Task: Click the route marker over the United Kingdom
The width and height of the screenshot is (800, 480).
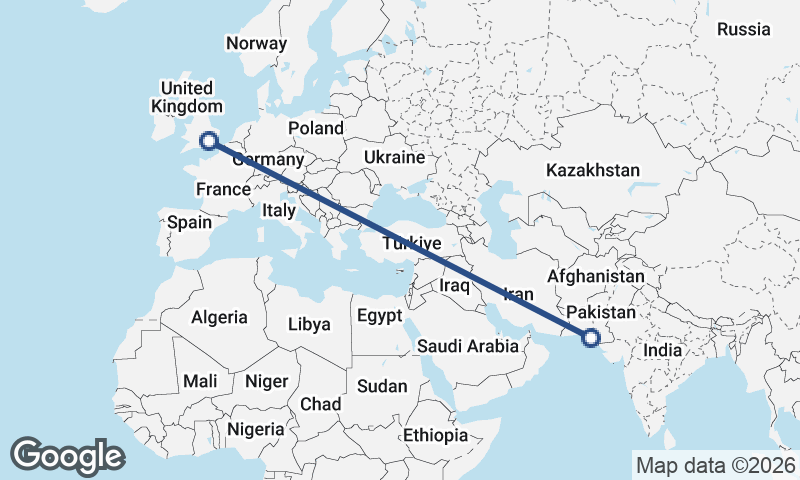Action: pos(208,141)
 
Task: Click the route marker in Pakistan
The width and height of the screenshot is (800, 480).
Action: pos(590,338)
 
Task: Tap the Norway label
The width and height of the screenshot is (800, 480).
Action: pos(256,43)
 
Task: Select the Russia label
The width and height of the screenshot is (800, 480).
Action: pos(744,29)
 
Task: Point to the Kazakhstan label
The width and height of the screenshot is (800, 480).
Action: pos(592,171)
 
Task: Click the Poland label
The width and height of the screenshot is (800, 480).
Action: pos(315,128)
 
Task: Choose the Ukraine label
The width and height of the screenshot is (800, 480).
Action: pos(395,158)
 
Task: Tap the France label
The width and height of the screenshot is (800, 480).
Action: pos(222,189)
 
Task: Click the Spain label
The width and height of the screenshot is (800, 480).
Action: pos(189,222)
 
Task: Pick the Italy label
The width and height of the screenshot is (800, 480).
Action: pos(279,211)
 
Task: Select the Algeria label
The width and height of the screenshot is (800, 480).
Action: pos(219,317)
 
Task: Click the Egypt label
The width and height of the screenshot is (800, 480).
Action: pos(379,316)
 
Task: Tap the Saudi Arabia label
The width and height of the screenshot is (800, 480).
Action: pos(468,347)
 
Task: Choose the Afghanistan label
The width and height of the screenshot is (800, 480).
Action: pos(596,275)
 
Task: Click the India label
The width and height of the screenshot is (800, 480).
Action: pos(662,351)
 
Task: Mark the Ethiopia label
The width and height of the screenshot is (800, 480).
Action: pos(435,435)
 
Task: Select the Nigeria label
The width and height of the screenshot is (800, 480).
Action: pos(256,428)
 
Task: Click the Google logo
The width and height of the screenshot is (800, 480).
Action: pos(67,456)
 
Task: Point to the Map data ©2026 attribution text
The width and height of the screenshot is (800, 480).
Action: pos(715,465)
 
